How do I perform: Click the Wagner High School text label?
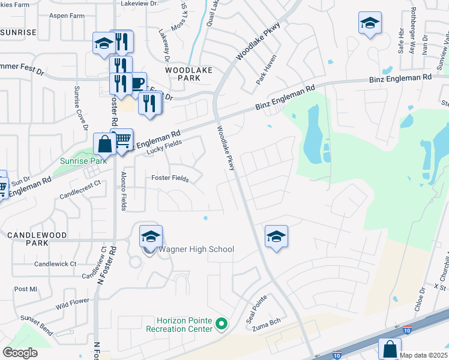pos(196,250)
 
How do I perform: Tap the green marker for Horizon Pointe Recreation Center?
pos(221,325)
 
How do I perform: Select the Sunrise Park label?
pos(83,161)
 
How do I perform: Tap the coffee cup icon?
pos(137,82)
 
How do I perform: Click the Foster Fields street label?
pos(170,179)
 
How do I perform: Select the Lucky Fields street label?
pos(164,147)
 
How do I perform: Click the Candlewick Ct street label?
pos(55,263)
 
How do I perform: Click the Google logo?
pos(20,353)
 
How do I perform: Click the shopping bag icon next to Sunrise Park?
pos(104,144)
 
